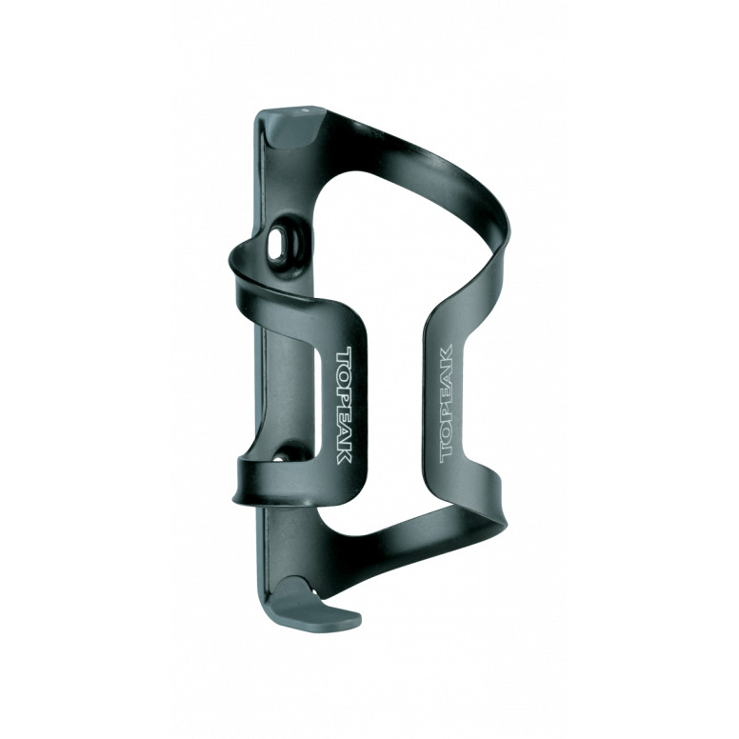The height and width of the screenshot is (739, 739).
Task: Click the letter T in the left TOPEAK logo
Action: click(344, 355)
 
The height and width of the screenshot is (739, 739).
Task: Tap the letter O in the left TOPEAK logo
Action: click(344, 372)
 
